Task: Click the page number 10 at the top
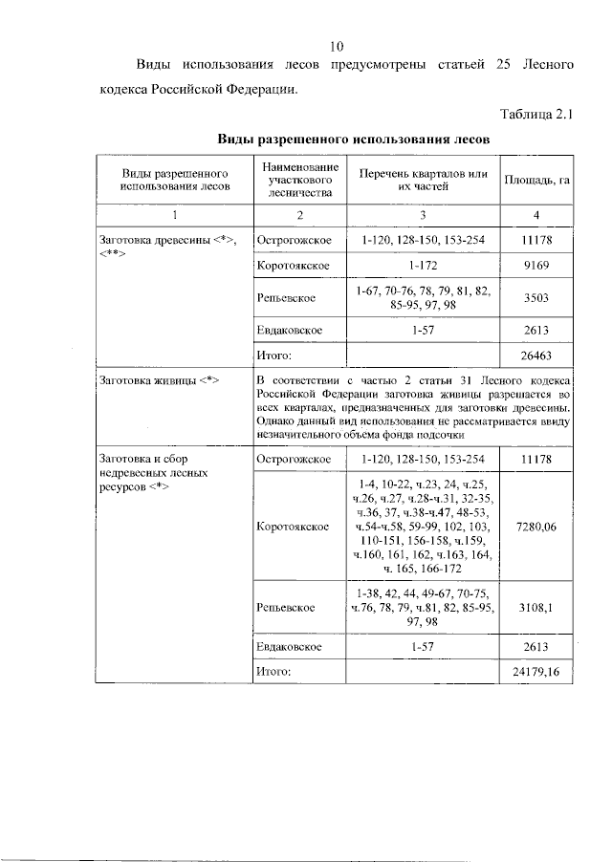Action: [x=336, y=46]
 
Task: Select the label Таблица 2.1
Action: [x=535, y=116]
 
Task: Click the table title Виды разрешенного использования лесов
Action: [x=352, y=139]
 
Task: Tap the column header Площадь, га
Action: [x=536, y=181]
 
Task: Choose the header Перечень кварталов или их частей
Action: [x=423, y=181]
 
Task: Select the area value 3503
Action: [x=536, y=298]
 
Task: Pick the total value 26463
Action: [x=536, y=356]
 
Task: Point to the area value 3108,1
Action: [x=536, y=607]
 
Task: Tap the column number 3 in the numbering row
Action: [x=423, y=214]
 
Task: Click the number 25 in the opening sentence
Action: [x=506, y=66]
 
